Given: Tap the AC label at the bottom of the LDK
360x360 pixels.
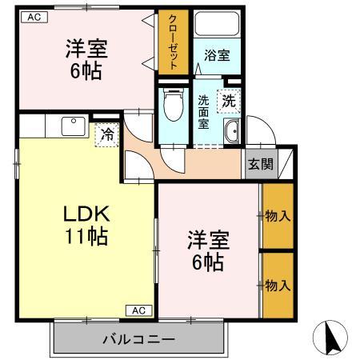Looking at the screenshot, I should coord(138,310).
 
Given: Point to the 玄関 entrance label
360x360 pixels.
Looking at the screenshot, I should coord(258,164).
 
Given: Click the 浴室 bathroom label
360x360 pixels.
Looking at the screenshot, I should coord(217,56).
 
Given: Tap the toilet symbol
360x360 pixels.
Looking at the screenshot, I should coord(172,103).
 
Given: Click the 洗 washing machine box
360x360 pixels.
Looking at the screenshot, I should coord(230,102).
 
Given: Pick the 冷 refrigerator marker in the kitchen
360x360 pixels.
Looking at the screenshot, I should coord(106,135).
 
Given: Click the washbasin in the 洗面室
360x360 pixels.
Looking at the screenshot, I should coord(233,133).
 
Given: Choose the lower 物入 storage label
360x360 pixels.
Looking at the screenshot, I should coord(277,285).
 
